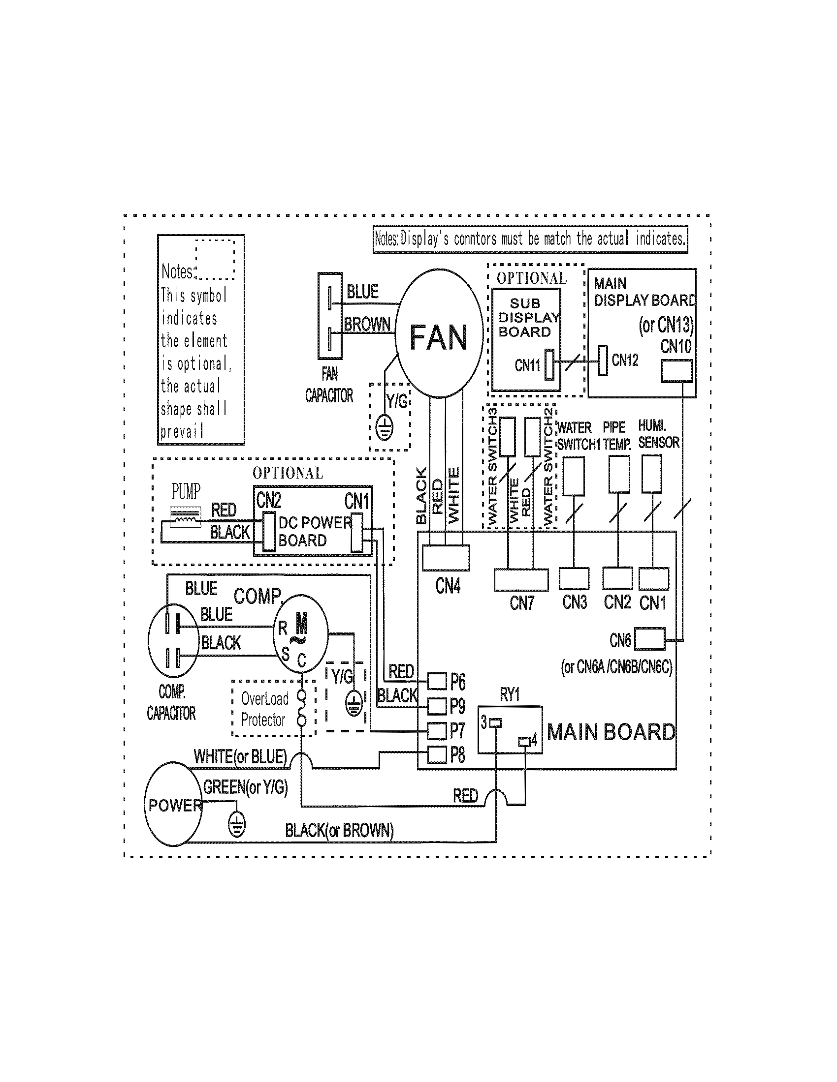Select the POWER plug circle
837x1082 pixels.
(173, 805)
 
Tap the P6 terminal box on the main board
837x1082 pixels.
(437, 681)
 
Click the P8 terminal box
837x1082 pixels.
(437, 754)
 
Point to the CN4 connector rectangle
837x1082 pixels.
(445, 557)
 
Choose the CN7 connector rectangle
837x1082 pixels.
(521, 579)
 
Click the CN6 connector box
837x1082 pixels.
(649, 639)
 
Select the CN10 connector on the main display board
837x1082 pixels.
(676, 371)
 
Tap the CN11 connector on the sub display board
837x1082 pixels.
(549, 364)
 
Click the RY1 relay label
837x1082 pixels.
(510, 694)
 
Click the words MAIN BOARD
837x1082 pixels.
(611, 732)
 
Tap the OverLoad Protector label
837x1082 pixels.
(264, 709)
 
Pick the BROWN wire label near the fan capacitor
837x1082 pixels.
(367, 324)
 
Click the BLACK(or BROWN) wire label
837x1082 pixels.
(339, 830)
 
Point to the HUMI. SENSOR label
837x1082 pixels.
(658, 434)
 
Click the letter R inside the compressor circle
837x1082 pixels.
(283, 628)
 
